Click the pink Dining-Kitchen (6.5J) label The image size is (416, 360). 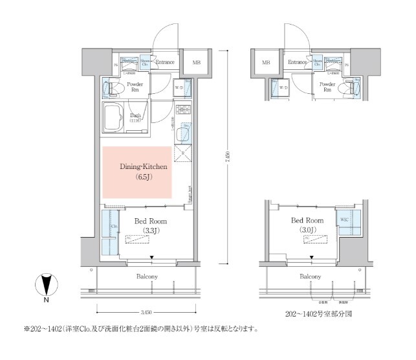144,171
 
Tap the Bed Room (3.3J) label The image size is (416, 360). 147,225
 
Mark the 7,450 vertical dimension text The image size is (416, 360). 227,159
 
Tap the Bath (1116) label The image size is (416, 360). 135,117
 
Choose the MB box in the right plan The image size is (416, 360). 266,63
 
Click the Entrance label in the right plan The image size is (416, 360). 297,62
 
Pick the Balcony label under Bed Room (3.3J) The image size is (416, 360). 147,277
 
